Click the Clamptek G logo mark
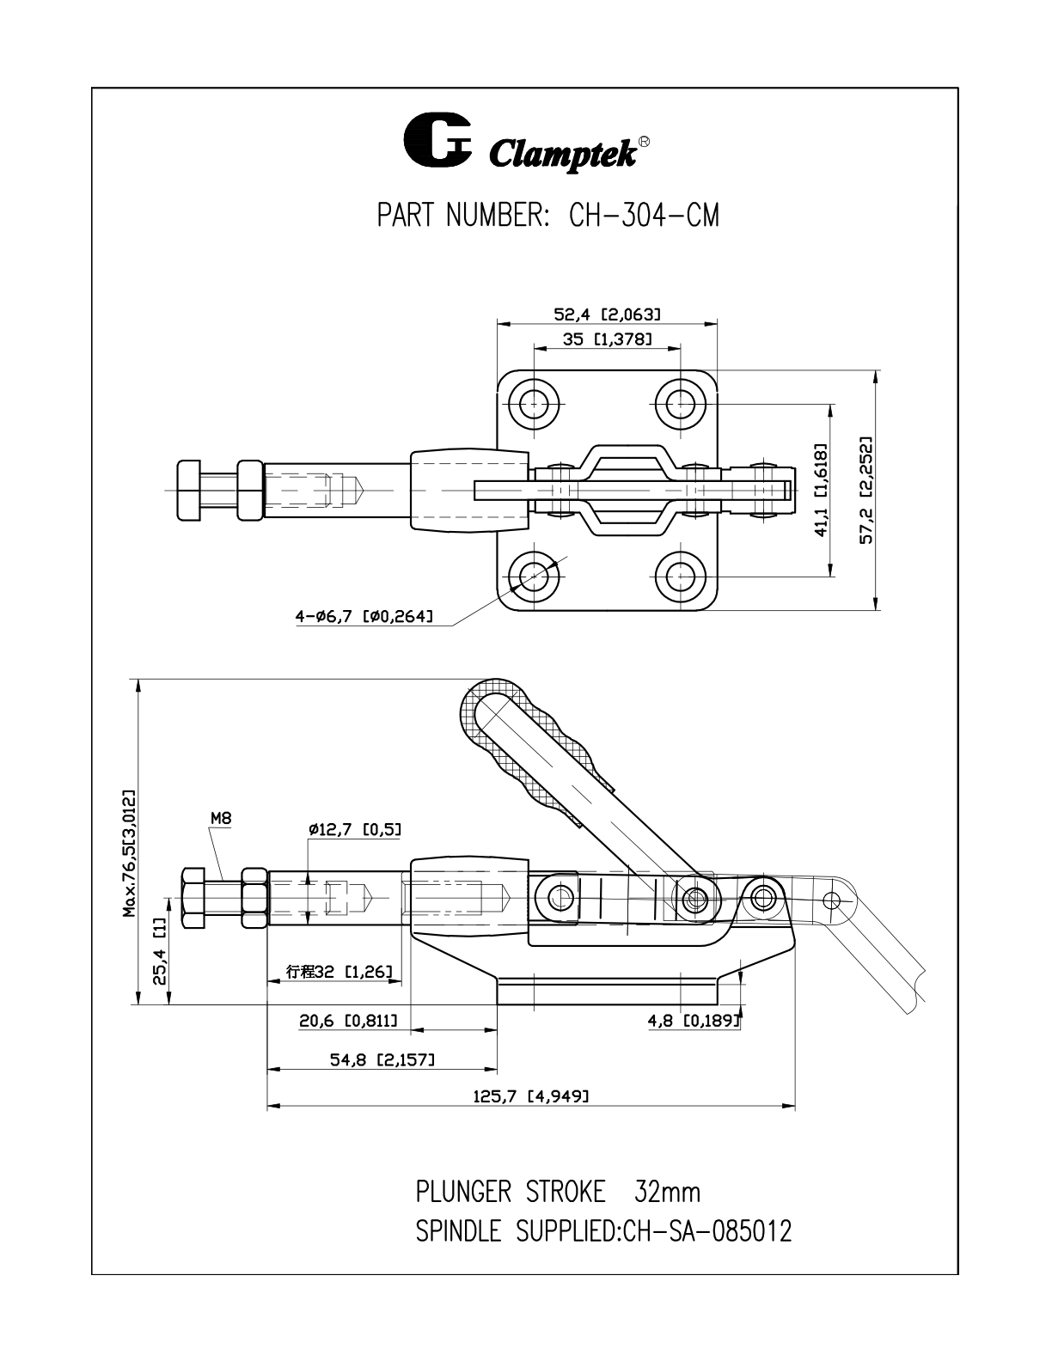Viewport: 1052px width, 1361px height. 437,142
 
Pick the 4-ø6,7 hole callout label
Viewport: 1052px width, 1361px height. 364,616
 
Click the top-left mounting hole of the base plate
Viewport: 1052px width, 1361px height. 533,400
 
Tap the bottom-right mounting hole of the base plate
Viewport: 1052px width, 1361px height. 681,572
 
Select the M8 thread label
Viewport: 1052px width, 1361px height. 221,819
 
